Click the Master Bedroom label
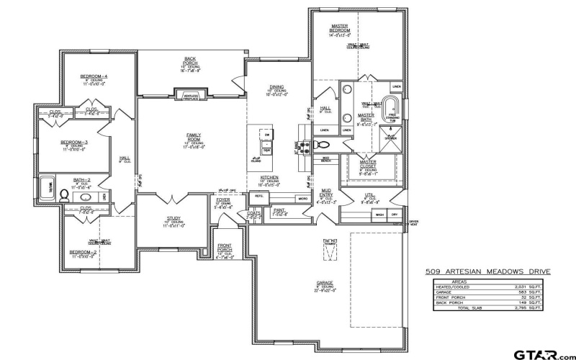click(x=340, y=29)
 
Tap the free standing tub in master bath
click(x=392, y=110)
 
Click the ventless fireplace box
click(x=191, y=94)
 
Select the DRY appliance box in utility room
click(x=395, y=215)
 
